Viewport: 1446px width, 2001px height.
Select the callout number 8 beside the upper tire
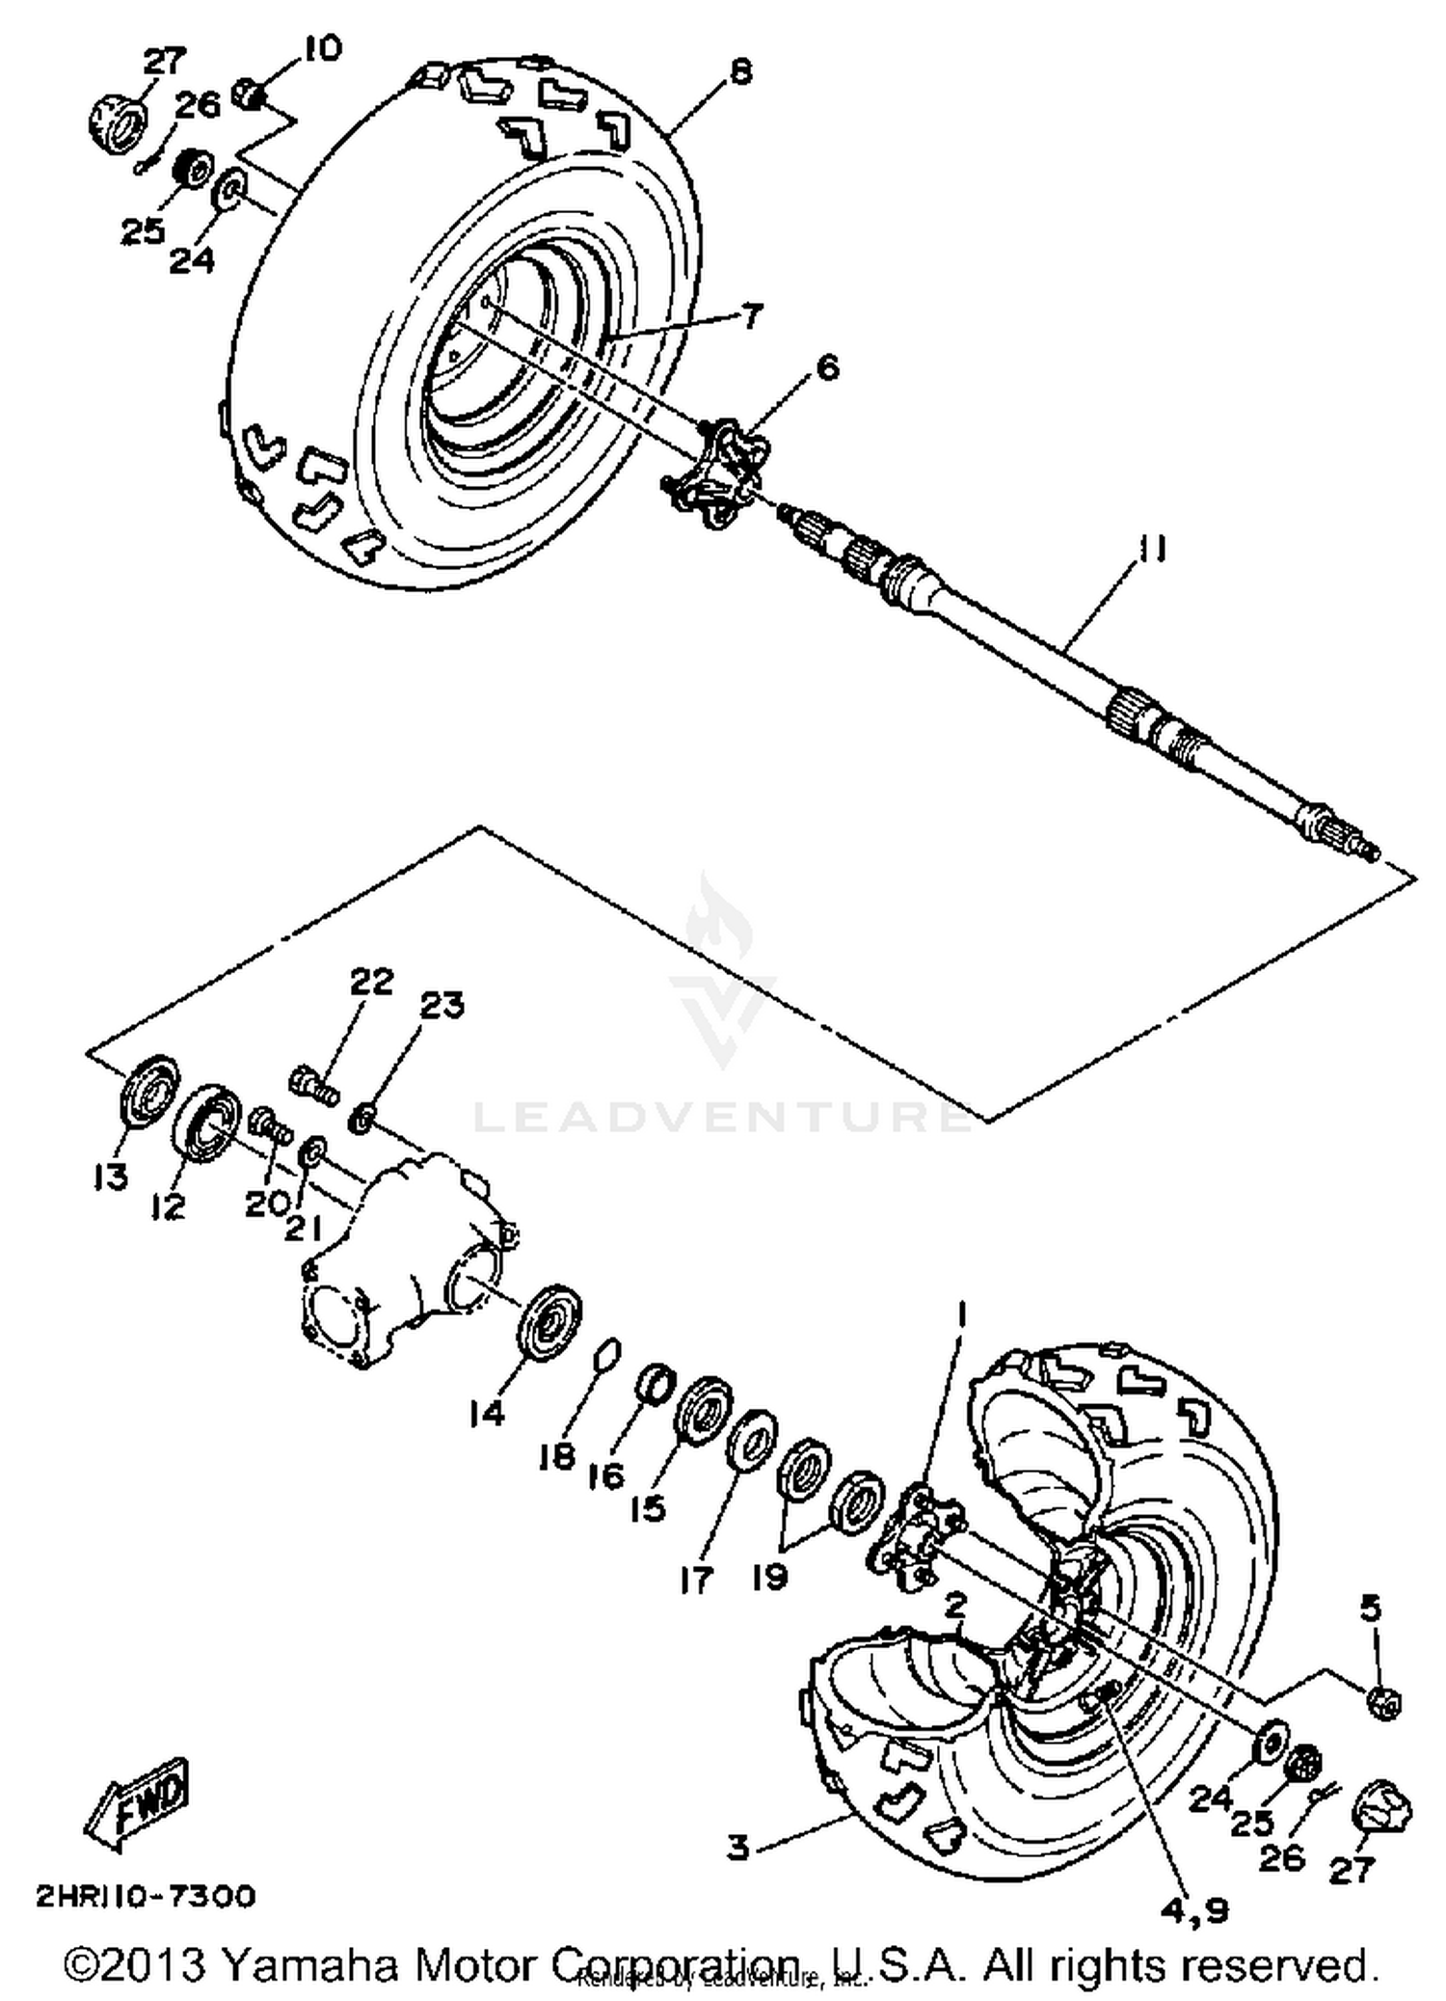tap(739, 71)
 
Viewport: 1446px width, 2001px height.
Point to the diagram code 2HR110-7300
tap(146, 1896)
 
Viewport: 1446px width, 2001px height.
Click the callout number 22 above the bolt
tap(372, 982)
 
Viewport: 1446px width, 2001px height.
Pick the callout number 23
tap(442, 1006)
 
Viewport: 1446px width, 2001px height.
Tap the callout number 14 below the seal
tap(487, 1414)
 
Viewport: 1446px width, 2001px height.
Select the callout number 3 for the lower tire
tap(737, 1848)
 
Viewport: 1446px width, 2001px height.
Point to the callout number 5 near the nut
tap(1370, 1608)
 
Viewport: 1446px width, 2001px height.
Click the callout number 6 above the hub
tap(826, 367)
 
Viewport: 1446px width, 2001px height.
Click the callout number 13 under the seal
tap(110, 1176)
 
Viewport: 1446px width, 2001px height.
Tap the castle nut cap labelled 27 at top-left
tap(117, 122)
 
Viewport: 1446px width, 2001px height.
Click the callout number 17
tap(695, 1579)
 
